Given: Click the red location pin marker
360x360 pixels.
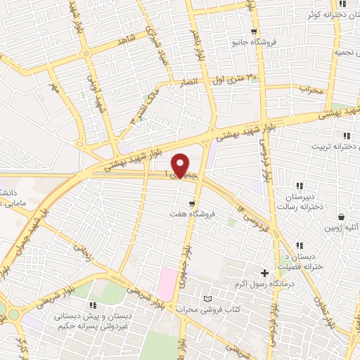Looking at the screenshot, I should pyautogui.click(x=181, y=164).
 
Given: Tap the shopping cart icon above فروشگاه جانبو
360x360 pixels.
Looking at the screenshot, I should pyautogui.click(x=254, y=32).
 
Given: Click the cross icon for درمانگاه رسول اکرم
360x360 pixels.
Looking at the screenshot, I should pyautogui.click(x=265, y=273).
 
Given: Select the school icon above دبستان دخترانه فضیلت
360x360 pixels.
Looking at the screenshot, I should pyautogui.click(x=300, y=245).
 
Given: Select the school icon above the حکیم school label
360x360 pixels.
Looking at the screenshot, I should pyautogui.click(x=92, y=306).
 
